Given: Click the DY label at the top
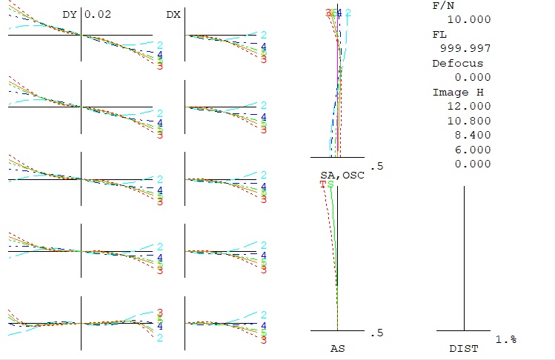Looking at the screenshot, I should pos(70,14).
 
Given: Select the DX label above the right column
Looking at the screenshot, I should pos(173,14).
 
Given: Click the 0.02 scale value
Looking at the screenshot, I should pos(99,14).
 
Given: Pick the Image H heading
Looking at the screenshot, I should pos(451,92).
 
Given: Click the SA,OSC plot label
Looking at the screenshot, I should pos(337,174).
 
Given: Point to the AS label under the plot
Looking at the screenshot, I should pos(337,347).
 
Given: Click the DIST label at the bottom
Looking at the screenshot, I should pos(464,347).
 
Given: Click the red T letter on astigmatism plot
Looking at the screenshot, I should pos(323,184).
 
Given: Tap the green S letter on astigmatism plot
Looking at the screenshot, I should pos(331,184).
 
